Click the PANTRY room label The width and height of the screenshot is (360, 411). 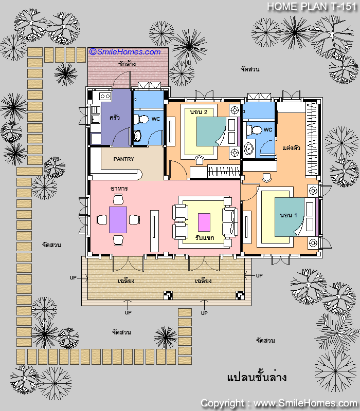[x=123, y=159]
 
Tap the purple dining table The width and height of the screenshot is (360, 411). [x=118, y=220]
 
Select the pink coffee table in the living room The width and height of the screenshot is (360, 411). [x=204, y=222]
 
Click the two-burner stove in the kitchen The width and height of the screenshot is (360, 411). [x=105, y=96]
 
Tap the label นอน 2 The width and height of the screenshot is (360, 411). [x=199, y=112]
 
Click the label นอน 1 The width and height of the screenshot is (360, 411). [x=288, y=215]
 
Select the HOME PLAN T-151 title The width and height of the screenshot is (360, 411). [x=312, y=7]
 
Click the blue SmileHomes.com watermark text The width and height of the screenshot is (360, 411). [x=125, y=52]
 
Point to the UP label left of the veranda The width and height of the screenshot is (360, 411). [x=73, y=277]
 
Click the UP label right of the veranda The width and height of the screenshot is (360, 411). [x=259, y=275]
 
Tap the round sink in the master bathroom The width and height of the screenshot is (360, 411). [x=248, y=149]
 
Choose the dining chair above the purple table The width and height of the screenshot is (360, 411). [x=118, y=199]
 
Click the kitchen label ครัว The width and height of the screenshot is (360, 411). [x=115, y=118]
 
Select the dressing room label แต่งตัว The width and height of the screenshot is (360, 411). [x=291, y=147]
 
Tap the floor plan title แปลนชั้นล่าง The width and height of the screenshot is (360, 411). [x=257, y=378]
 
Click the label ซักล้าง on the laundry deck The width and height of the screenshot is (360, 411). [x=127, y=64]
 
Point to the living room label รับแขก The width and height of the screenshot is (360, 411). [x=205, y=237]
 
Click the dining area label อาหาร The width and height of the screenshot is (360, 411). [x=119, y=188]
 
